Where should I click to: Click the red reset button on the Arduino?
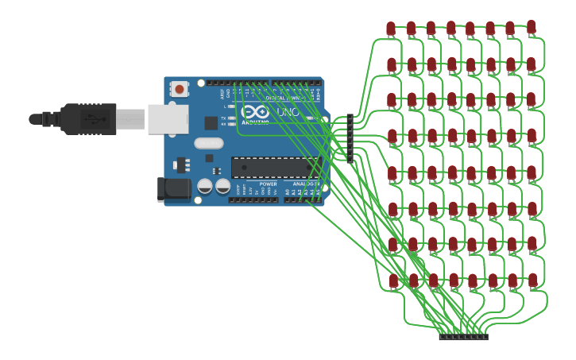pyautogui.click(x=180, y=88)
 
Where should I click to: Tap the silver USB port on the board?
pyautogui.click(x=168, y=118)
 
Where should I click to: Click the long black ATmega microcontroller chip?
pyautogui.click(x=274, y=167)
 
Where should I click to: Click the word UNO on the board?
pyautogui.click(x=288, y=113)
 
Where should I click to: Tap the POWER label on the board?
pyautogui.click(x=268, y=184)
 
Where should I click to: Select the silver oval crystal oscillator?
pyautogui.click(x=208, y=144)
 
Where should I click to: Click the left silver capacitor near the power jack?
pyautogui.click(x=205, y=186)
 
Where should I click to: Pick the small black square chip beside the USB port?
pyautogui.click(x=211, y=123)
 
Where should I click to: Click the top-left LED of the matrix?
pyautogui.click(x=391, y=29)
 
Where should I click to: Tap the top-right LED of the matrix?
pyautogui.click(x=531, y=27)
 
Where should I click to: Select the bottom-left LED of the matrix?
pyautogui.click(x=393, y=280)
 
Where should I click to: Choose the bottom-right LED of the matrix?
pyautogui.click(x=532, y=280)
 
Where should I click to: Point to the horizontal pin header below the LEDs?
pyautogui.click(x=463, y=337)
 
